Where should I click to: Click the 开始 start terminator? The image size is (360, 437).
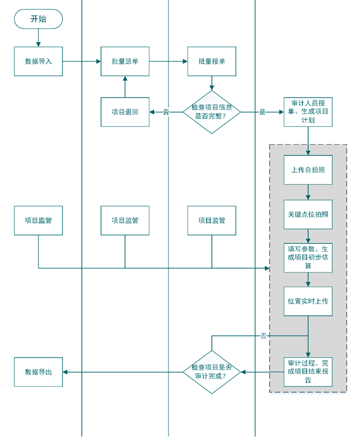click(38, 19)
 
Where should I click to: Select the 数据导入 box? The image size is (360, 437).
click(38, 61)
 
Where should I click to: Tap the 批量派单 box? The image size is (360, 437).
click(125, 61)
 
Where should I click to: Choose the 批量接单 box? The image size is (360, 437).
click(212, 61)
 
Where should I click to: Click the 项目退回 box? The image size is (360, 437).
click(125, 112)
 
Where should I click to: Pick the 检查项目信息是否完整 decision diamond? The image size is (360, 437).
click(212, 112)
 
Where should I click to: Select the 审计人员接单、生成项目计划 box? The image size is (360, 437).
click(308, 112)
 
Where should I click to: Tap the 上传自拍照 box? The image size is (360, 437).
click(308, 170)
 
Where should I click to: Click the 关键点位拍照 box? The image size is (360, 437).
click(308, 214)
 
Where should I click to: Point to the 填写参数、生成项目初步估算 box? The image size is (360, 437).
click(308, 257)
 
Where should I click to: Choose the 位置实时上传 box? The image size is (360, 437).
click(308, 301)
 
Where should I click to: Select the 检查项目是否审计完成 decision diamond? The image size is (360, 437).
click(212, 372)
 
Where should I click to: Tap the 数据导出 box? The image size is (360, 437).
click(38, 372)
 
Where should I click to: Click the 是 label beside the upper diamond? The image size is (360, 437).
click(262, 112)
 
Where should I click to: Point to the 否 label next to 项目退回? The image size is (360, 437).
click(166, 112)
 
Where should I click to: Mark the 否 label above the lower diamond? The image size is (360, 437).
click(263, 336)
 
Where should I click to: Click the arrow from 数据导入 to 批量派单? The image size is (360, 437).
click(82, 61)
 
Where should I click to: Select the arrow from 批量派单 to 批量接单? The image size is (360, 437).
click(168, 61)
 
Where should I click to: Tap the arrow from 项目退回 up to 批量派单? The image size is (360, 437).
click(125, 87)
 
